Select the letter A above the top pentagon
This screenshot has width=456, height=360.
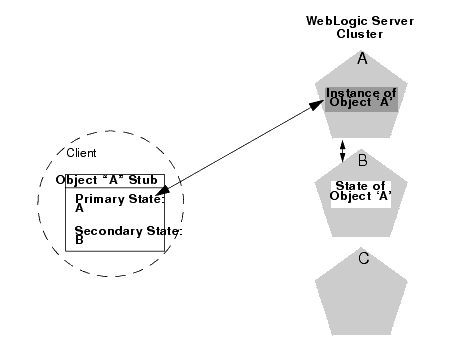[362, 60]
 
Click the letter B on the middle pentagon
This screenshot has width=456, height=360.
[363, 159]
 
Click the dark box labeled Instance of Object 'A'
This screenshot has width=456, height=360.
[362, 97]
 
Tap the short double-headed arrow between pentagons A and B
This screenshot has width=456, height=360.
[344, 151]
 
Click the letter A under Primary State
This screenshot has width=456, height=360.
[79, 209]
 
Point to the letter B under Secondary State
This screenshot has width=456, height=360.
[78, 240]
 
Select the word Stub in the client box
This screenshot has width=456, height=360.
[148, 180]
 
